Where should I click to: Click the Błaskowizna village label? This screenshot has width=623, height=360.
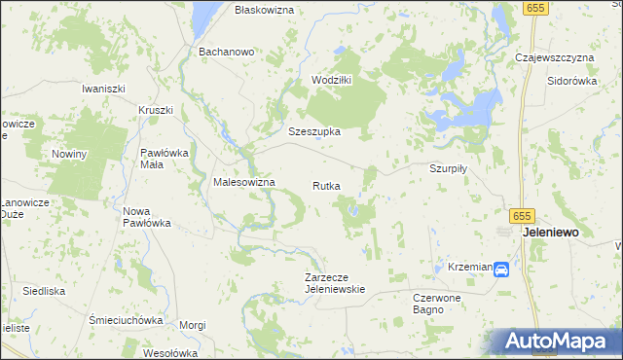[265, 9]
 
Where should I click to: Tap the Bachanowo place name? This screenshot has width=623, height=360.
[226, 51]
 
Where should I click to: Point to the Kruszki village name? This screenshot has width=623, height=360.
[156, 110]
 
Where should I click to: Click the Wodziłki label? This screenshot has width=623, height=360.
[331, 80]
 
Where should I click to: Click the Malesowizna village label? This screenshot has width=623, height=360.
[244, 182]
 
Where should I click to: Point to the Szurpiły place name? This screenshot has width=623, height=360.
[449, 167]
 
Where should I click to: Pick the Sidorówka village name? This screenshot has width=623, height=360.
[571, 81]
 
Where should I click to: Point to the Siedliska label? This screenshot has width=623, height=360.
[45, 291]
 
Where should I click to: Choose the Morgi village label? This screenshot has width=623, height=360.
[193, 325]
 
